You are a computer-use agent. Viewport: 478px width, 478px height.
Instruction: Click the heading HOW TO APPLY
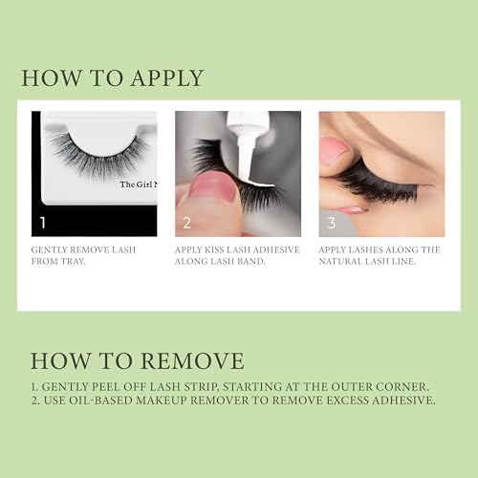coord(113,78)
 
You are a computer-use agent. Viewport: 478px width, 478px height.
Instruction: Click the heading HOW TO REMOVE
coord(137,360)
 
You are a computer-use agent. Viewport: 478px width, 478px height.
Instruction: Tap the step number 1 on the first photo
coord(42,223)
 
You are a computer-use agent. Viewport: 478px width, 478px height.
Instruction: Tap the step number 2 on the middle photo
coord(186,223)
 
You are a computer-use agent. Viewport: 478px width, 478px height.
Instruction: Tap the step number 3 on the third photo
coord(331,223)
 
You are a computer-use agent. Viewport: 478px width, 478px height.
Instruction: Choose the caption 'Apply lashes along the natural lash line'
coord(380,255)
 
